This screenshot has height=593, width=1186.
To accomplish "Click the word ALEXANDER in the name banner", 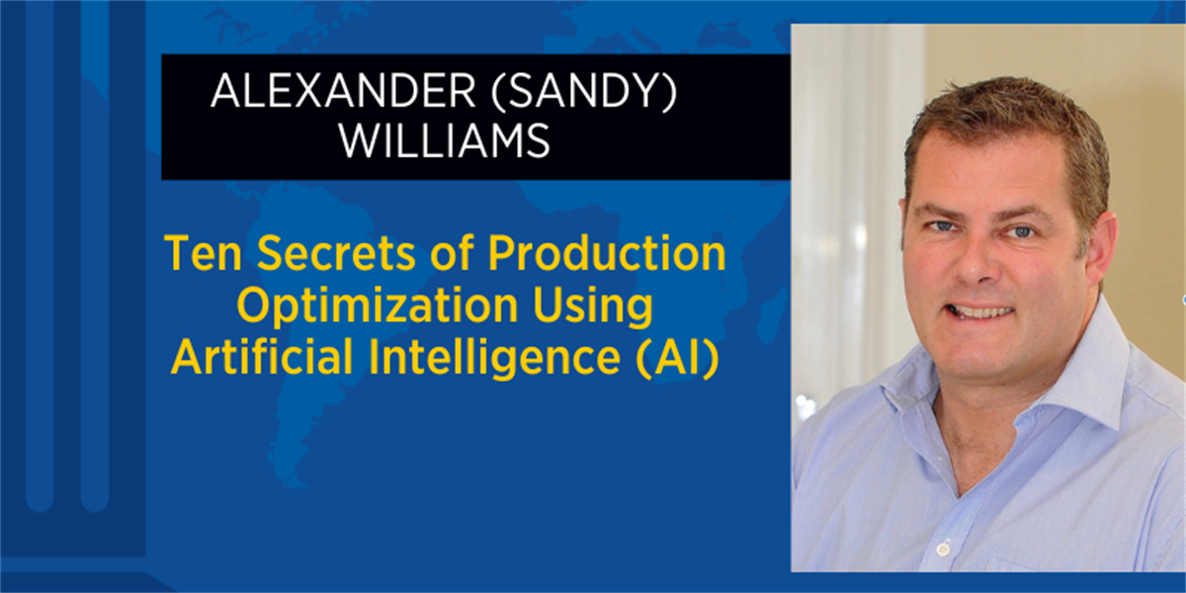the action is [343, 92].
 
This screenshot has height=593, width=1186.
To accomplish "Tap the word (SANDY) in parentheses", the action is [584, 93].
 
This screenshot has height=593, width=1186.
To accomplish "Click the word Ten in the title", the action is [204, 253].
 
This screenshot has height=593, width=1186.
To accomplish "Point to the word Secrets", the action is [337, 253].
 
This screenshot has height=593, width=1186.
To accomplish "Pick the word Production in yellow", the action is [607, 253].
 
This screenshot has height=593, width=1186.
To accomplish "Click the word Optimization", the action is [377, 306].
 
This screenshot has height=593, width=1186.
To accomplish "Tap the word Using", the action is [594, 306].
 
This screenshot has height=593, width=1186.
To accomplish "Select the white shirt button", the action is [942, 551].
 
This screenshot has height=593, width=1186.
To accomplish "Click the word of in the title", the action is [453, 253].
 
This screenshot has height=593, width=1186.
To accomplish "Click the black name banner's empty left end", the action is [186, 117].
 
